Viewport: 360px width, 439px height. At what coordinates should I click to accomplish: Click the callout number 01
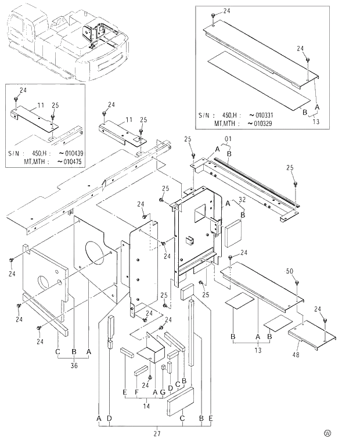point(228,139)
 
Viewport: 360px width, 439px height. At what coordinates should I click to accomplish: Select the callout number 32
point(241,200)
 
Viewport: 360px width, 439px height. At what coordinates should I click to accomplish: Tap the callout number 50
point(289,271)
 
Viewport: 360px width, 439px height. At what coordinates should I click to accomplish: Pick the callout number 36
point(74,365)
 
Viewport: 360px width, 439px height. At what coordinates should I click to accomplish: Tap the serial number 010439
point(70,153)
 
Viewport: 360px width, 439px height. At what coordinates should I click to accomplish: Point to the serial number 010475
point(70,161)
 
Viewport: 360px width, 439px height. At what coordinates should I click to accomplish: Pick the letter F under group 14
point(136,392)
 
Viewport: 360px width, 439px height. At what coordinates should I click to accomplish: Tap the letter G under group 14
point(162,392)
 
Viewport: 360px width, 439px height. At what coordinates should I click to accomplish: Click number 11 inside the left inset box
point(41,105)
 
